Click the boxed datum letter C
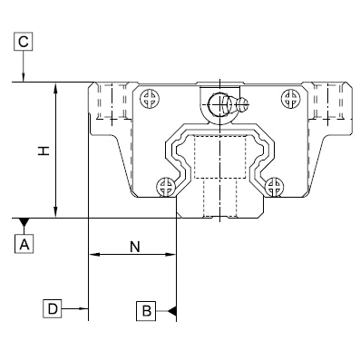24,42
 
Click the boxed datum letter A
24,244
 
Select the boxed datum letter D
53,308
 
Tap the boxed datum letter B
146,311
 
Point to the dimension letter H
44,151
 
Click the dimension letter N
135,247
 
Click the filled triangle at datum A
24,222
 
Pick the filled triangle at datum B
171,311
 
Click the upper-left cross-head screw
150,98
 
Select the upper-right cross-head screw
290,98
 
